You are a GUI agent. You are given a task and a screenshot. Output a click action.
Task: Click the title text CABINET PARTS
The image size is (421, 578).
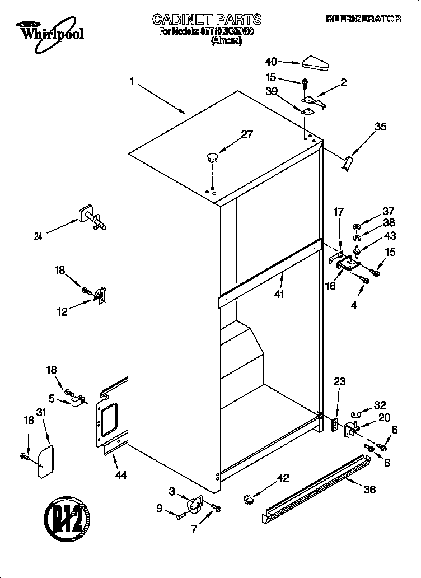(x=207, y=20)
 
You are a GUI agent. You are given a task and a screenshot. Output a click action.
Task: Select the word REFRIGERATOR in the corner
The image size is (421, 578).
(x=363, y=19)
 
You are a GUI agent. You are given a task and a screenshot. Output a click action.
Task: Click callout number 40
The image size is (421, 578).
(x=271, y=62)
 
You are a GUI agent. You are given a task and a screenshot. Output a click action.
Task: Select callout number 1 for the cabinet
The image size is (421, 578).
(x=132, y=82)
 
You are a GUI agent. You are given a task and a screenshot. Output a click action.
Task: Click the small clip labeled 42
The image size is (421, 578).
(x=249, y=497)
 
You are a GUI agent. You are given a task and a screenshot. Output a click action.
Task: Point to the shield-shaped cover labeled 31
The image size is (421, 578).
(x=45, y=462)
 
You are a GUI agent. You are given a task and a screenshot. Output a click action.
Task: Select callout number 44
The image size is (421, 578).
(x=120, y=475)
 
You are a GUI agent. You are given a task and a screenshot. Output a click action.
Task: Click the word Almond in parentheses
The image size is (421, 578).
(x=226, y=41)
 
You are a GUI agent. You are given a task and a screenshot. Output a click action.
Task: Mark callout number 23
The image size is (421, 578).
(x=340, y=382)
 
